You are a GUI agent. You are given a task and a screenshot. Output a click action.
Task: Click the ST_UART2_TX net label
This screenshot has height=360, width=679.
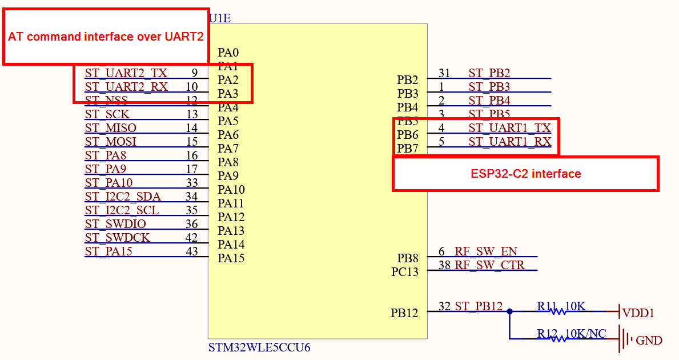(126, 73)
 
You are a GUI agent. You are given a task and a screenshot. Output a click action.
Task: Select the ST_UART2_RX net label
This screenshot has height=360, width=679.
(126, 87)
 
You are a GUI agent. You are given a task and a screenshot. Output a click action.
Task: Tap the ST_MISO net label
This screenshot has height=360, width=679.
(111, 128)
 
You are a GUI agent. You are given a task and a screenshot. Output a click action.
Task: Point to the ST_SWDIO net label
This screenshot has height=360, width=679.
(115, 224)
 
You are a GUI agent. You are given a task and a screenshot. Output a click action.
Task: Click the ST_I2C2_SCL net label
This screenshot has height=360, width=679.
(122, 210)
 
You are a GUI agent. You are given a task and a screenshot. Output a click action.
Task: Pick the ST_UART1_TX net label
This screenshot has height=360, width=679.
(510, 128)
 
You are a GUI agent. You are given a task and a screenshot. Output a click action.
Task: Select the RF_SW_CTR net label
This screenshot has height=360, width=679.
(489, 265)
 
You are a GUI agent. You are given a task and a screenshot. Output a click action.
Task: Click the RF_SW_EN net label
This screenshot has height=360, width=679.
(487, 251)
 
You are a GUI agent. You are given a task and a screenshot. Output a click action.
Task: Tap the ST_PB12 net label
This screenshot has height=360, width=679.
(479, 306)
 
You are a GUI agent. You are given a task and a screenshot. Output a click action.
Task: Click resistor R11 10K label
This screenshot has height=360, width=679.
(561, 306)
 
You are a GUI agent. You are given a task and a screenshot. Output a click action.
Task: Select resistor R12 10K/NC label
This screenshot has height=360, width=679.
(571, 334)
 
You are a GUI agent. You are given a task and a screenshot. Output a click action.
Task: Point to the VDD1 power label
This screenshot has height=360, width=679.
(638, 313)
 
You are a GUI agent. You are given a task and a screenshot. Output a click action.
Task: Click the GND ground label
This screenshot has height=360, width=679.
(649, 341)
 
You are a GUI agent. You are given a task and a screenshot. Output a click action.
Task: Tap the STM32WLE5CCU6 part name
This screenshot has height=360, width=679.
(259, 347)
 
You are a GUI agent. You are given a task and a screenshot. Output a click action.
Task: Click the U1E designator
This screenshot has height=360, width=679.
(220, 18)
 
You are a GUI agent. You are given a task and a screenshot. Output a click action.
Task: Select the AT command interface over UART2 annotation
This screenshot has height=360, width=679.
(106, 37)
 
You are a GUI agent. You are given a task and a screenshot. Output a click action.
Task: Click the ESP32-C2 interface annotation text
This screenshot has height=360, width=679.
(525, 174)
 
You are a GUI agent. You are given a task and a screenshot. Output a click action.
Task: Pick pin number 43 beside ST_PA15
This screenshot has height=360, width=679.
(192, 251)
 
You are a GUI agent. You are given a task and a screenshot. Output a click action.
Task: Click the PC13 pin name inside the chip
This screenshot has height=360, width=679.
(405, 272)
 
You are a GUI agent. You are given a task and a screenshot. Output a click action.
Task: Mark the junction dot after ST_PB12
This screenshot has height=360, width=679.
(509, 311)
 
